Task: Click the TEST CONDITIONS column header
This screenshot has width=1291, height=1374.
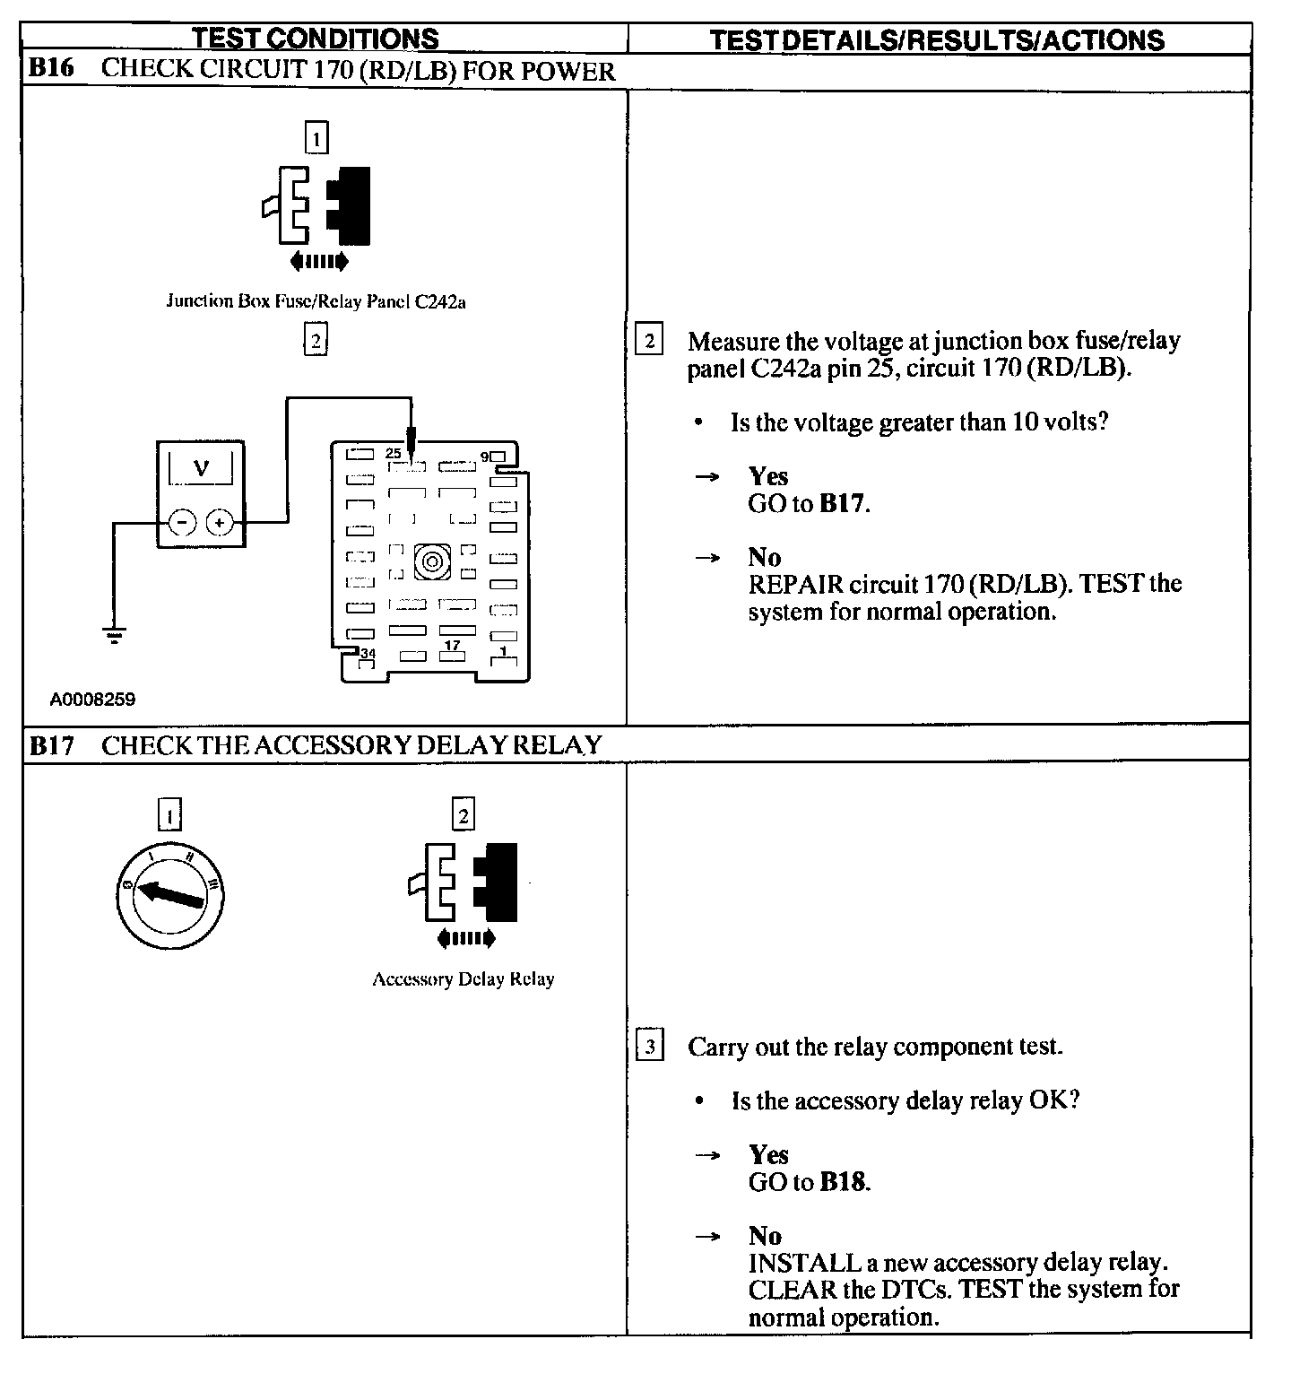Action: (x=316, y=39)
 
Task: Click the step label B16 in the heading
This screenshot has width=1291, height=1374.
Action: (x=51, y=70)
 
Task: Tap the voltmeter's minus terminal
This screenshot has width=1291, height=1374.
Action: (x=182, y=523)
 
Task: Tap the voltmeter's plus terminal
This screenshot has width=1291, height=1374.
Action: (x=221, y=523)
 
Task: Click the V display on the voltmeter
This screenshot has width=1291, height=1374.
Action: (x=201, y=468)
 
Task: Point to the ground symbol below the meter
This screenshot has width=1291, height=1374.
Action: (x=114, y=635)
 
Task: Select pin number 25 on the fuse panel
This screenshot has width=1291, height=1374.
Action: (x=394, y=454)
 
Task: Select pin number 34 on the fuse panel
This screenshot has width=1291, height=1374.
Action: (x=367, y=654)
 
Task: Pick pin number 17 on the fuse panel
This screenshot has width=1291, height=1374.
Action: (x=453, y=645)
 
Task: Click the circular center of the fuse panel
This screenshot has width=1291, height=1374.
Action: (x=431, y=562)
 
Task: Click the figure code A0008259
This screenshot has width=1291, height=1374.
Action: (x=92, y=700)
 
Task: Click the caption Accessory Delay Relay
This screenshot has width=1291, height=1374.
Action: (x=463, y=979)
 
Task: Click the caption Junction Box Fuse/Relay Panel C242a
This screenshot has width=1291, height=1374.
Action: (x=316, y=301)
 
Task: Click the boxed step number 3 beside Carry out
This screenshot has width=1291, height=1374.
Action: (x=650, y=1047)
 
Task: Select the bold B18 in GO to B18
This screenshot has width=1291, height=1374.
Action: (x=843, y=1182)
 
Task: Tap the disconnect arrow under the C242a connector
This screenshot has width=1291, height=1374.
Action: (x=318, y=262)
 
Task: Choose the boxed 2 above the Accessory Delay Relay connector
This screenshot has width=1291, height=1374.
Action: (x=463, y=815)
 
